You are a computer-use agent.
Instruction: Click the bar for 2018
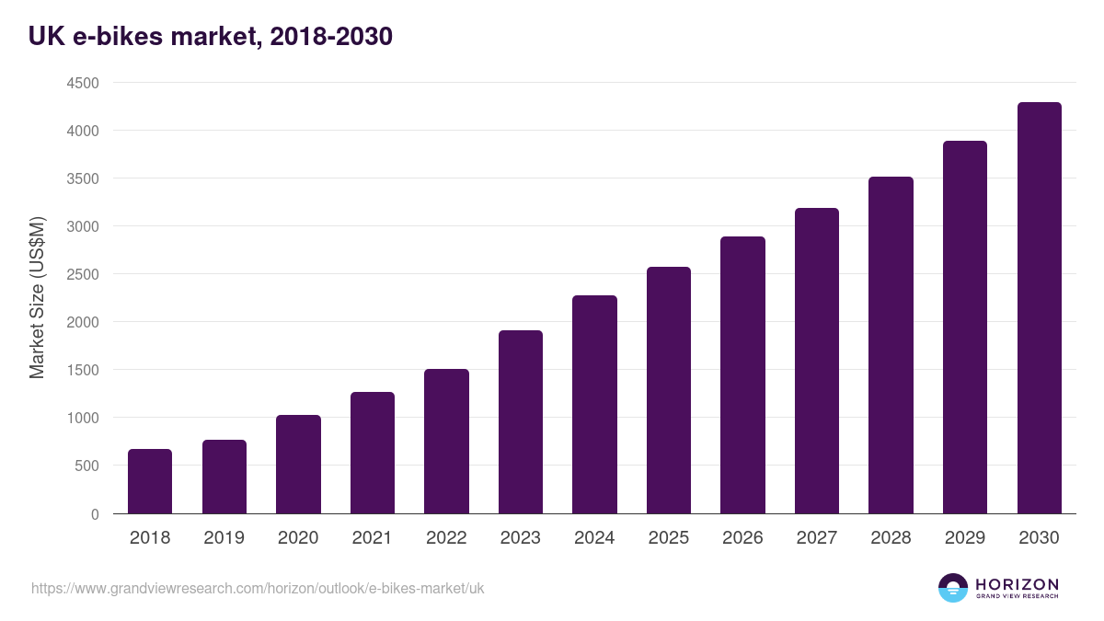150,481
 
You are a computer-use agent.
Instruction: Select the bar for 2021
372,453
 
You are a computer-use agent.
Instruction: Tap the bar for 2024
594,405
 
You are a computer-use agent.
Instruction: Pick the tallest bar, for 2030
1039,308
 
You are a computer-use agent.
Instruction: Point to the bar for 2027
816,361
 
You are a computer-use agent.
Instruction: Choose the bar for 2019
224,477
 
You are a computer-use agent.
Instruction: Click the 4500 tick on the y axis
82,83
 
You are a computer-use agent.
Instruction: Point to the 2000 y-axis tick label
82,322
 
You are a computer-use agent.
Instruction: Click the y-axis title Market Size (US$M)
37,298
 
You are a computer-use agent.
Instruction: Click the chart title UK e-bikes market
211,36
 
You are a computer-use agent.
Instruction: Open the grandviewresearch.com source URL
258,588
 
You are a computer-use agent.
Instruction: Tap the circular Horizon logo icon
953,588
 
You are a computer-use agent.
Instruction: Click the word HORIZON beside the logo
1017,584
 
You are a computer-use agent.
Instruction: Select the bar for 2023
521,421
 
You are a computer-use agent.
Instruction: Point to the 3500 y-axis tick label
82,178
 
